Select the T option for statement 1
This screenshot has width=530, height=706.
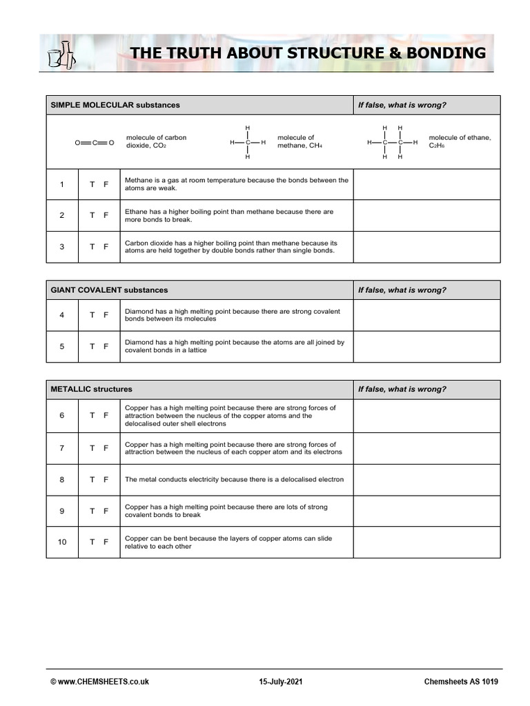pos(92,184)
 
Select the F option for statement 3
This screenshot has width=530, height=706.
pos(106,247)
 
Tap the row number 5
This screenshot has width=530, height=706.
pos(62,346)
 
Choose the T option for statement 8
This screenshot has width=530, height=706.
pos(92,479)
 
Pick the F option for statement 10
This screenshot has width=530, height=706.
pos(106,542)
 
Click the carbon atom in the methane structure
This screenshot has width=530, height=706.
pos(248,143)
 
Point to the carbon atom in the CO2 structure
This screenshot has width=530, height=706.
pos(94,143)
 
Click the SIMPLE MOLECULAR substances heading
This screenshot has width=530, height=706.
pos(115,105)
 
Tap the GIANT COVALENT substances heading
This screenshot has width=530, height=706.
pos(109,290)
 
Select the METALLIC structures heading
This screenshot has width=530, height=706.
pos(91,389)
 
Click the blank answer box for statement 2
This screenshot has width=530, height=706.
pos(426,215)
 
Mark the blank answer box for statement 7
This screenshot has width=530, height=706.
pos(426,448)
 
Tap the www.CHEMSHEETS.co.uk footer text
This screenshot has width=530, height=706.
pos(99,682)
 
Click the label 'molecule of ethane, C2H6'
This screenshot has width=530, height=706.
pos(459,142)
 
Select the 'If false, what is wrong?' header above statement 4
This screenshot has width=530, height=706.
pos(402,290)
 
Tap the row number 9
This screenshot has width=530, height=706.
pos(62,511)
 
